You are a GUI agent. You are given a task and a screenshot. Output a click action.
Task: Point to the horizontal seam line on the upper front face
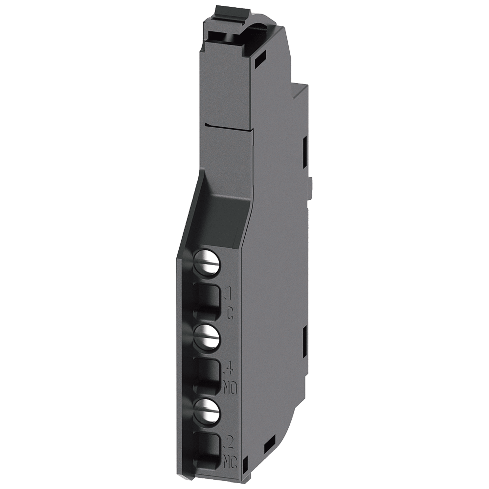pyautogui.click(x=229, y=126)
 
